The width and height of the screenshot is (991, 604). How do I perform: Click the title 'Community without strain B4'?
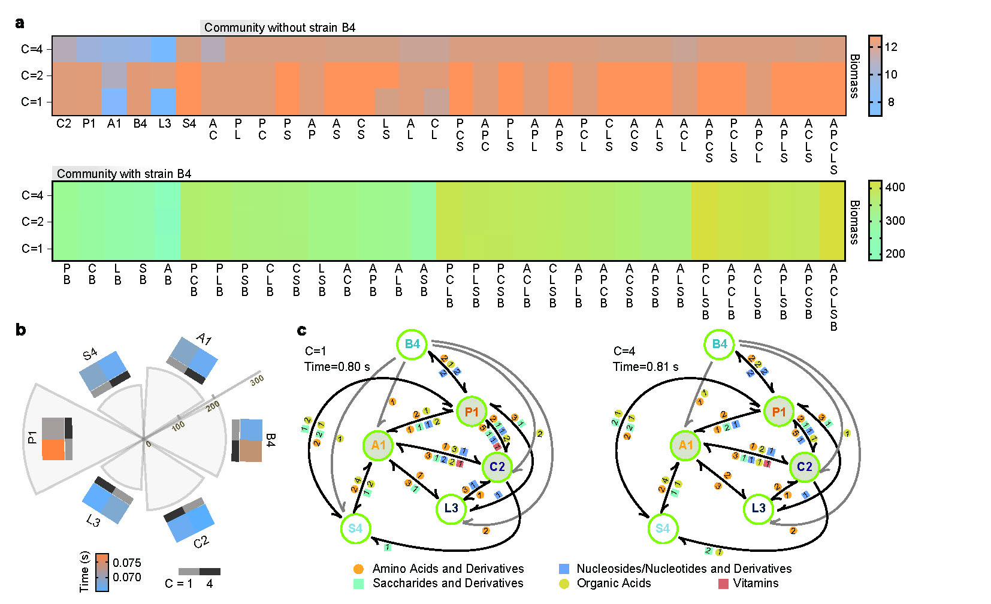point(279,28)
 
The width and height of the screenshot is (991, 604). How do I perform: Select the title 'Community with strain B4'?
point(123,174)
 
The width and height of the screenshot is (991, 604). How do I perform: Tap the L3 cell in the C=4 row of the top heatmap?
point(164,49)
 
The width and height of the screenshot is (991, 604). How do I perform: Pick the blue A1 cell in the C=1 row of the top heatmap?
point(114,102)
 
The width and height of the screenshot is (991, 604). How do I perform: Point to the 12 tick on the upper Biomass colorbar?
point(891,47)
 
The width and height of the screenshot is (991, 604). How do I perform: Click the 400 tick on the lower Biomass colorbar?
point(895,187)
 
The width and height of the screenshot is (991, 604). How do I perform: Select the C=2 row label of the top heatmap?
point(32,75)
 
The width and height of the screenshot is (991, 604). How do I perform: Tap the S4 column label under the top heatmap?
point(189,124)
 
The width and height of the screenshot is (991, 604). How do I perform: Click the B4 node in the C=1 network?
point(412,344)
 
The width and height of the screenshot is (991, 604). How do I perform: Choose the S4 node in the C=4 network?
point(662,528)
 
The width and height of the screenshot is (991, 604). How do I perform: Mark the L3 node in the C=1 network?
point(451,508)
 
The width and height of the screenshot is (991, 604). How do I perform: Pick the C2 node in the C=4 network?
point(804,466)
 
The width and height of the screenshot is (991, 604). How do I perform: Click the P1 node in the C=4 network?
point(778,412)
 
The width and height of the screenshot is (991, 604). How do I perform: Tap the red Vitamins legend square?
point(723,584)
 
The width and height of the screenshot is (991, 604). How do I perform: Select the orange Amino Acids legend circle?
point(358,569)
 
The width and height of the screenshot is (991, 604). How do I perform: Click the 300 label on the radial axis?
point(257,380)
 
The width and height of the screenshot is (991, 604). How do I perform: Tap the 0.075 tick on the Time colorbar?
point(127,563)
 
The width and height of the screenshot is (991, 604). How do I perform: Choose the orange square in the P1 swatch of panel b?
point(53,449)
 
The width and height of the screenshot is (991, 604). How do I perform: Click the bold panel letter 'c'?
point(302,330)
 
